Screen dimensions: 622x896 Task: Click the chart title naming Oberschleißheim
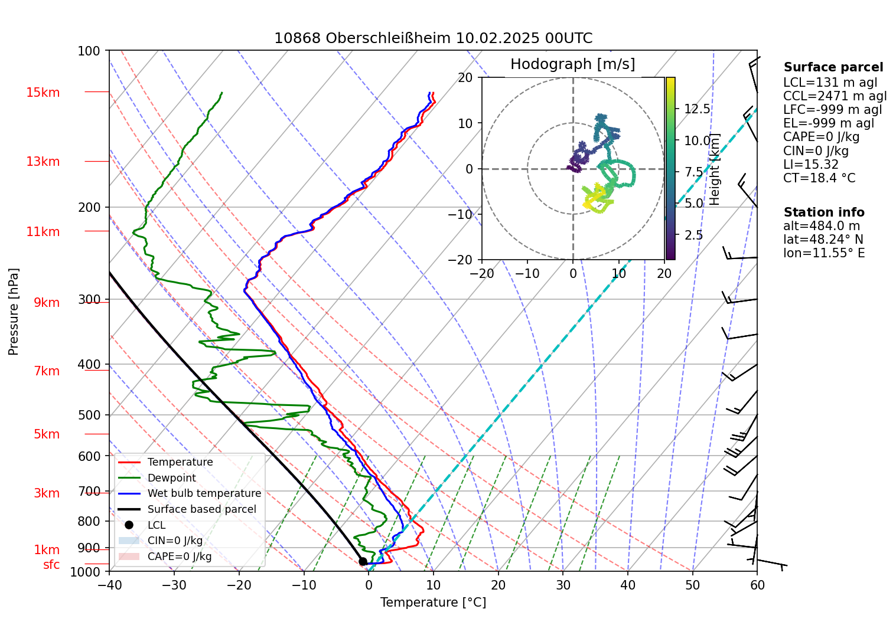433,38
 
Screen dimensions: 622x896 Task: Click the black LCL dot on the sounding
363,562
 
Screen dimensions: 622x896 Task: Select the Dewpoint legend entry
171,478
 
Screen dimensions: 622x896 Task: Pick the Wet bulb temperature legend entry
204,493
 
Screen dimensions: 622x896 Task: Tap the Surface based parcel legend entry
201,509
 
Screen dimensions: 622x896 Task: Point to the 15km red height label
43,93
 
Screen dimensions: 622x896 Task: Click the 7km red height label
47,371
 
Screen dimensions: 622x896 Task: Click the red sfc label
51,565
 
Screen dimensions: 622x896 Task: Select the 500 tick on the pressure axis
89,415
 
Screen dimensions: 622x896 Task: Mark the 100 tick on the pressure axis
89,51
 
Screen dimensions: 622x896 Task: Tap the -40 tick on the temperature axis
109,585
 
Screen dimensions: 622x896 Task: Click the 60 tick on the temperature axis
757,585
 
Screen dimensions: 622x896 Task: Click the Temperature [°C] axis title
433,603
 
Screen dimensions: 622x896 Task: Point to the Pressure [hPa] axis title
14,312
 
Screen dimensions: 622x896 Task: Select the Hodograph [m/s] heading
572,64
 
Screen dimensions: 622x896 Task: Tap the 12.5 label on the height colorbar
697,109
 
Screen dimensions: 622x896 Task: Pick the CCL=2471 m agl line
835,96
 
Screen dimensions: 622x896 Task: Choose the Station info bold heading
823,212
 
